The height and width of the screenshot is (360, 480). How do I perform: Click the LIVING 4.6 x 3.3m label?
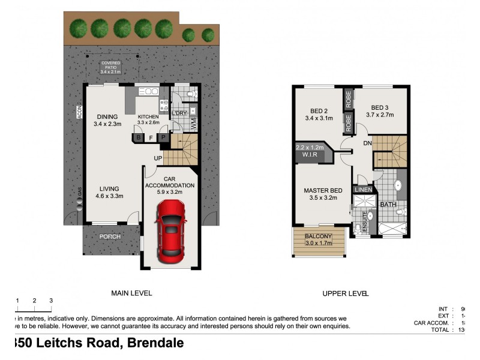[x=109, y=191]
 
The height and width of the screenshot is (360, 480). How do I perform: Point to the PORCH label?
[x=110, y=236]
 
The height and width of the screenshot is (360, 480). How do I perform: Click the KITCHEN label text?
[x=148, y=116]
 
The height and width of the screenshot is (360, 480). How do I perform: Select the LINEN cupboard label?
[x=363, y=190]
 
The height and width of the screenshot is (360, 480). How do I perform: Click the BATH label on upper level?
[x=388, y=204]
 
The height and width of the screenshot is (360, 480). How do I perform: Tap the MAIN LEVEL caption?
[x=131, y=293]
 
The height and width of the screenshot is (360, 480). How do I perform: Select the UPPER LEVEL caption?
[x=345, y=293]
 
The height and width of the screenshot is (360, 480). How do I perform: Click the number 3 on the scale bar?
[x=51, y=300]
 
